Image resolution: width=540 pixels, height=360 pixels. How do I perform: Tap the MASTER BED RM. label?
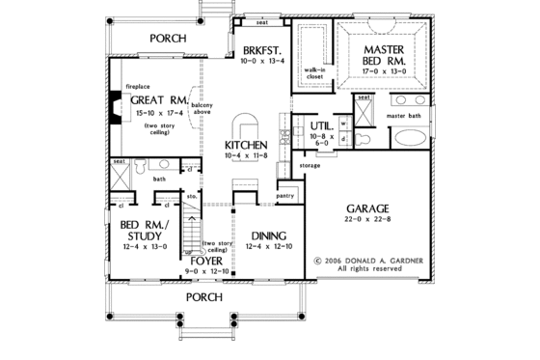[383, 53]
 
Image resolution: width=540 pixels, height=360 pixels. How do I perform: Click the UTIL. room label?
[322, 126]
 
